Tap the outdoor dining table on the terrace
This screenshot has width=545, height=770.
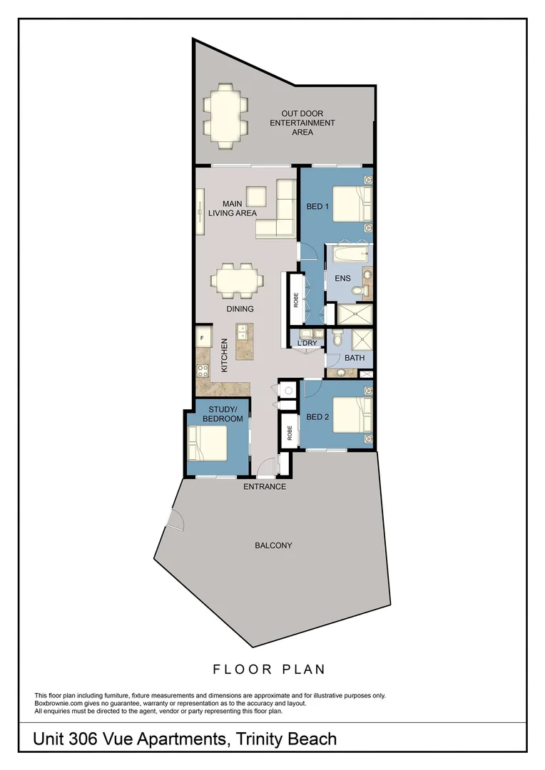tap(226, 115)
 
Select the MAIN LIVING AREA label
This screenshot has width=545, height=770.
tap(232, 207)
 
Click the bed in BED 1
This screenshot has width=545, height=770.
tap(350, 204)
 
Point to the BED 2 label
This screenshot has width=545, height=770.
tap(317, 417)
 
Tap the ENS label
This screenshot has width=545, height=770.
tap(342, 279)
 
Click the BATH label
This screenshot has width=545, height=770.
tap(355, 357)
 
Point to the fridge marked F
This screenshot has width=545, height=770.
tap(202, 336)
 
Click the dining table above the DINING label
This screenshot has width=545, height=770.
tap(238, 281)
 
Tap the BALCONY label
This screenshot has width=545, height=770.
tap(273, 545)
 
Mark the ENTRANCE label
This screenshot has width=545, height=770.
tap(265, 487)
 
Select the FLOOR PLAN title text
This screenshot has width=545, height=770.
tap(269, 669)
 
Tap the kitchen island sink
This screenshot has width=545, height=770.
tap(240, 332)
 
